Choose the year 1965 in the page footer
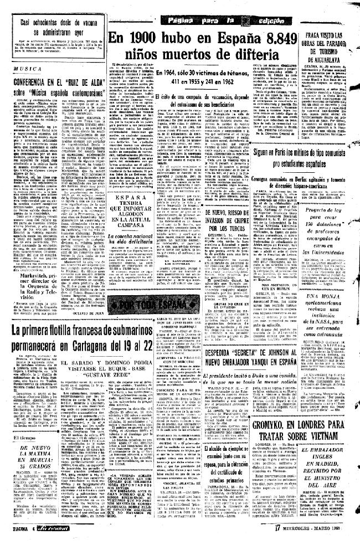347,538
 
